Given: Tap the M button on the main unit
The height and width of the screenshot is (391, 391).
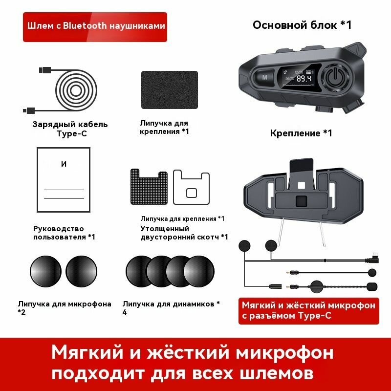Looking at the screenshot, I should point(265,77).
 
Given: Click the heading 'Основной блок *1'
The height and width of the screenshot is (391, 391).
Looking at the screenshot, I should point(302,25).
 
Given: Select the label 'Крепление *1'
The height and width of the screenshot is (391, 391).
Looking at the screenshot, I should point(301,133).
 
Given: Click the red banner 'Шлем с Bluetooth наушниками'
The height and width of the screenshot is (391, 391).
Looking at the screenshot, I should point(94,26).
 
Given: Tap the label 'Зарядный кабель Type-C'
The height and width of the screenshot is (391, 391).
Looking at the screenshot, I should point(70,129).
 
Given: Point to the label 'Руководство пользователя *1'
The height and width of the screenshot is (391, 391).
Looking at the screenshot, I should point(64,233).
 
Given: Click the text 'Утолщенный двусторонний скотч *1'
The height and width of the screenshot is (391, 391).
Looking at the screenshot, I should point(184,233).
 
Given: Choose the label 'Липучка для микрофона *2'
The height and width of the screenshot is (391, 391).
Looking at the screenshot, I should point(64,307).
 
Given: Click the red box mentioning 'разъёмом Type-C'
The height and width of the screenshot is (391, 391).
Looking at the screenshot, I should point(308,310).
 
